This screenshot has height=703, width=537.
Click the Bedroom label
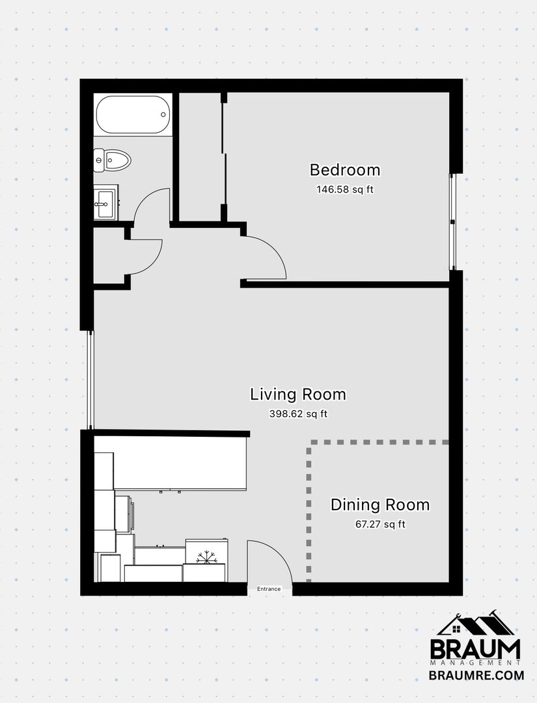[x=345, y=170]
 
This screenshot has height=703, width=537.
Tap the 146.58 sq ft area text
[x=345, y=189]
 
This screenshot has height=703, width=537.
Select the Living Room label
[x=298, y=394]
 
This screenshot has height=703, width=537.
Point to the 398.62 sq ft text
[x=298, y=413]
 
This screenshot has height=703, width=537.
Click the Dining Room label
[x=380, y=505]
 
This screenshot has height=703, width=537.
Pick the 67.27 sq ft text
[x=380, y=524]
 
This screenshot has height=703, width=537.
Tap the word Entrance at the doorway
[x=269, y=589]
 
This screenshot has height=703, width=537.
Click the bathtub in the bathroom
[x=133, y=115]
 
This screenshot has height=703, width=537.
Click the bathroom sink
[x=106, y=203]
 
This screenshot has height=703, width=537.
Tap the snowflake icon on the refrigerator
[x=206, y=557]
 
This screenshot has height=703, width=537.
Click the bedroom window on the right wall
[x=453, y=222]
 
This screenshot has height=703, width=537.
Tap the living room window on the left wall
[x=91, y=380]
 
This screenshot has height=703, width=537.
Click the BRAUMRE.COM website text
[x=476, y=675]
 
